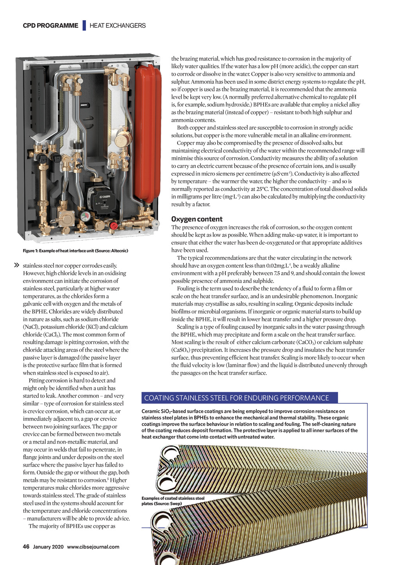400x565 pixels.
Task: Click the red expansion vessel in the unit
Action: pos(147,133)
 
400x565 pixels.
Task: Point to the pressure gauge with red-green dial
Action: pos(85,215)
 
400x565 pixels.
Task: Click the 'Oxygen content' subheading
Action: pos(196,219)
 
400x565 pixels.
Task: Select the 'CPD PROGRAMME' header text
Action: pos(50,26)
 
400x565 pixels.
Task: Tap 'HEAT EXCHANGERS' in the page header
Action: pos(118,26)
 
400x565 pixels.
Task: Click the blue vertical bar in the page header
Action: pos(84,25)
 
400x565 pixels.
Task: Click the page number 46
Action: pos(26,547)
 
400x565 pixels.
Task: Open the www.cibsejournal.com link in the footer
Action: pos(93,547)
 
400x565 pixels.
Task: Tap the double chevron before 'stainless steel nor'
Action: pos(17,265)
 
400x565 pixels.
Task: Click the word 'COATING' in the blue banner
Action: pos(159,398)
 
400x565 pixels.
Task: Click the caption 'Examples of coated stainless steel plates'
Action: pos(173,501)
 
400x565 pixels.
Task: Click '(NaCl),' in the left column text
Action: pos(31,327)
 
